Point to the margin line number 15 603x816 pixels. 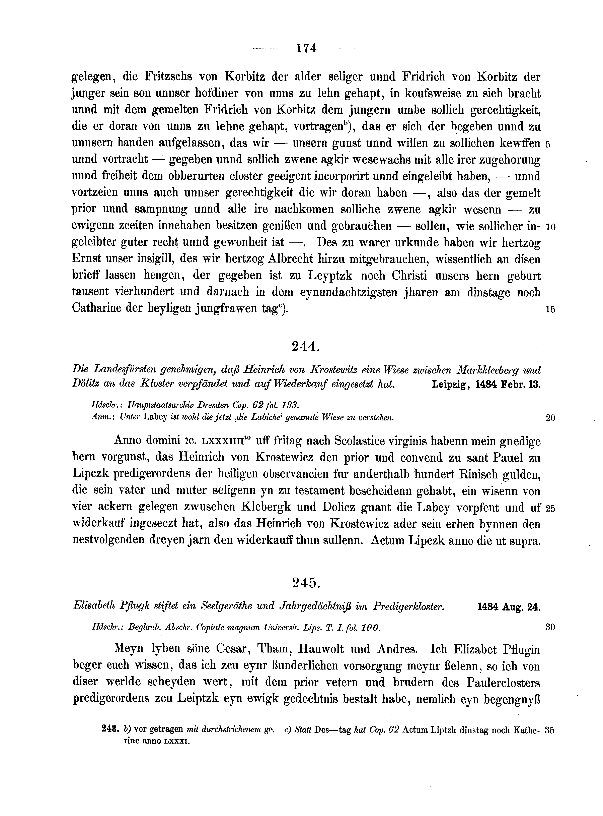[x=550, y=309]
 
